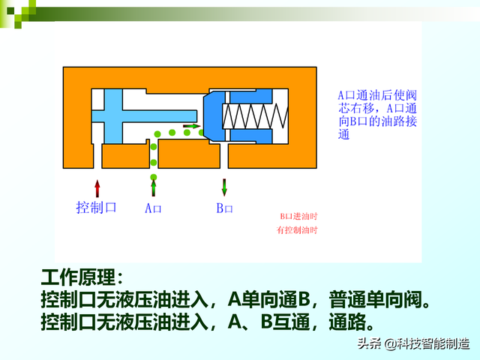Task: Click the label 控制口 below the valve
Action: click(97, 207)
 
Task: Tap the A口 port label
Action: click(153, 208)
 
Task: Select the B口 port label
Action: click(225, 208)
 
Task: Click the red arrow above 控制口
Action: click(97, 187)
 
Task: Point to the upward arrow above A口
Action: click(153, 187)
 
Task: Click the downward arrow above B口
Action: click(224, 187)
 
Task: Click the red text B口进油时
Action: click(298, 217)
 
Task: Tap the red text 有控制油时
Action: click(298, 230)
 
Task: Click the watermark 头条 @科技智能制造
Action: click(413, 344)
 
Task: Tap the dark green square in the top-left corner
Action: click(10, 10)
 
